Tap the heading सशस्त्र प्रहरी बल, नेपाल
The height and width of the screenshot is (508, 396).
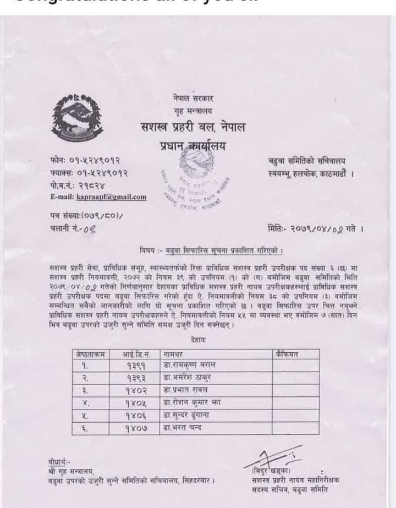(193, 129)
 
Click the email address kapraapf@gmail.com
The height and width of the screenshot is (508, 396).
(98, 197)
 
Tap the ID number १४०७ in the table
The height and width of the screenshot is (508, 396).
(137, 427)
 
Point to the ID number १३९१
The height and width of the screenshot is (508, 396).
(136, 365)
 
